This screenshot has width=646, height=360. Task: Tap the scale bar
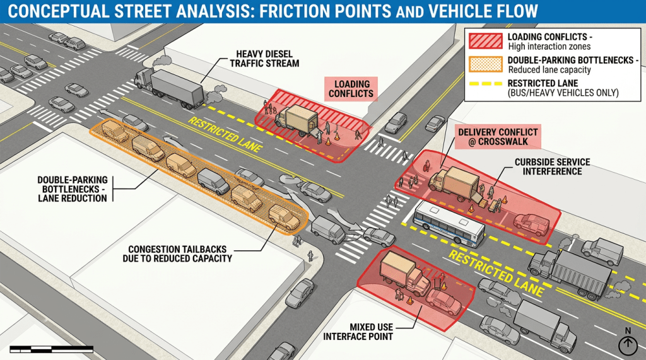[52, 349]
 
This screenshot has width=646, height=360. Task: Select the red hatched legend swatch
[485, 41]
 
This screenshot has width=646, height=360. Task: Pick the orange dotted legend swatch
[485, 65]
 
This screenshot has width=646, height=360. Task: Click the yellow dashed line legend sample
[485, 84]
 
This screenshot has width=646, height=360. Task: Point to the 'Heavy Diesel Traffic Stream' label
[264, 59]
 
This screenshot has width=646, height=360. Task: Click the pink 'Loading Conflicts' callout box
[351, 89]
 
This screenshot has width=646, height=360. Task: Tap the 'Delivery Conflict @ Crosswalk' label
[498, 137]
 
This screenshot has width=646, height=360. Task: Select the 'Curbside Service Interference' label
[552, 166]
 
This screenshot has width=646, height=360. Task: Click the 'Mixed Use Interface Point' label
[358, 332]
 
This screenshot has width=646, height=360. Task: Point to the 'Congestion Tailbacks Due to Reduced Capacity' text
[177, 253]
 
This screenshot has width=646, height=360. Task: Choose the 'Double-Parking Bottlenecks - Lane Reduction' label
[73, 189]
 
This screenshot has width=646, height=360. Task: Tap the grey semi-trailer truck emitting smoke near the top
[169, 88]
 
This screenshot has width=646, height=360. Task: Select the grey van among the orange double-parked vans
[213, 182]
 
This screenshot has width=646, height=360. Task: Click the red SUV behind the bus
[531, 224]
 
